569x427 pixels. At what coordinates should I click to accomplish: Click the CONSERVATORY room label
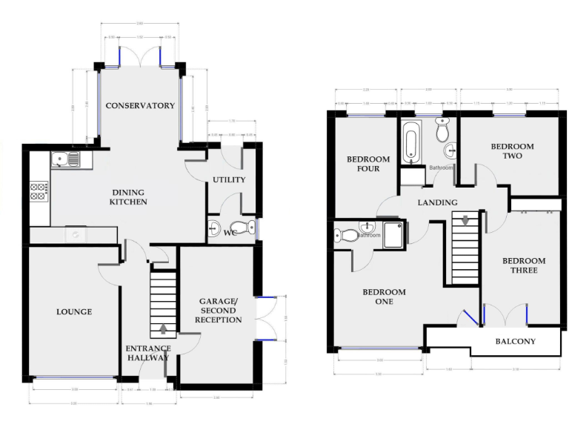140,105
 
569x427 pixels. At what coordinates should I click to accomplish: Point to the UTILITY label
229,179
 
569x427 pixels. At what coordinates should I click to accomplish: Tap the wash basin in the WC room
215,227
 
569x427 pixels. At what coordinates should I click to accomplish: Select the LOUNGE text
74,311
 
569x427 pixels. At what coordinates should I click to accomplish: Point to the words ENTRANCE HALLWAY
148,353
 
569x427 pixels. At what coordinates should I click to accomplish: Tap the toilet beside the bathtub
442,131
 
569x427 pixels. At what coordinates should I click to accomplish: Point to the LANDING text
437,202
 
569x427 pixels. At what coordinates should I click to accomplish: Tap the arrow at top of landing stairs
465,219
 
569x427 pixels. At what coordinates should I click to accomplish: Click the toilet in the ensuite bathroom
346,235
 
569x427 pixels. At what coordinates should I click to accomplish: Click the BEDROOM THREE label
524,265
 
